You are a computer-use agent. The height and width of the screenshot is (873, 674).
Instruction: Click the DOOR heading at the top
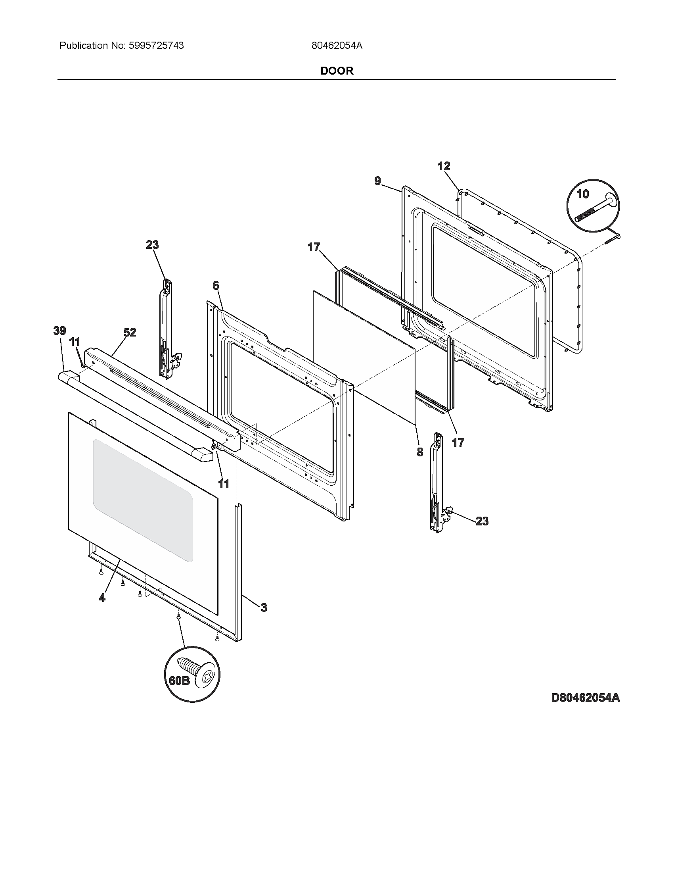[337, 71]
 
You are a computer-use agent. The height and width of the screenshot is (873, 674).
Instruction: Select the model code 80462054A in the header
[337, 46]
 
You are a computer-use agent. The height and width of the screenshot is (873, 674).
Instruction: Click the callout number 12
[444, 166]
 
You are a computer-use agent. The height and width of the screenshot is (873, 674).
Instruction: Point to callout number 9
[378, 181]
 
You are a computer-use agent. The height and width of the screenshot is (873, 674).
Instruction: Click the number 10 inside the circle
[582, 194]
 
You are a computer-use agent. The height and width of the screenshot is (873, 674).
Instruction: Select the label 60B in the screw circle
[179, 681]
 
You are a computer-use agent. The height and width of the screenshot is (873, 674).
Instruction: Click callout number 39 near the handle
[60, 331]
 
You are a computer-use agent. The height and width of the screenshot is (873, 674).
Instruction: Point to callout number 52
[129, 332]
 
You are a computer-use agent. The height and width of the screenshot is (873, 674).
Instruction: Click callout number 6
[216, 285]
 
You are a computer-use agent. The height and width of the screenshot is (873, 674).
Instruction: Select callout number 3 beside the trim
[264, 608]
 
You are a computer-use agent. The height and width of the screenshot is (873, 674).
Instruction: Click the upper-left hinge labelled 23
[167, 328]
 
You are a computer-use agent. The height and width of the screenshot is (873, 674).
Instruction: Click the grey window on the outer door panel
[143, 500]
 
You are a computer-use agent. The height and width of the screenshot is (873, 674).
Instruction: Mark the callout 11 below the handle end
[224, 484]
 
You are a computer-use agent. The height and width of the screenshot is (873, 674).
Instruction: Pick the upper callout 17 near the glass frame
[314, 248]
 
